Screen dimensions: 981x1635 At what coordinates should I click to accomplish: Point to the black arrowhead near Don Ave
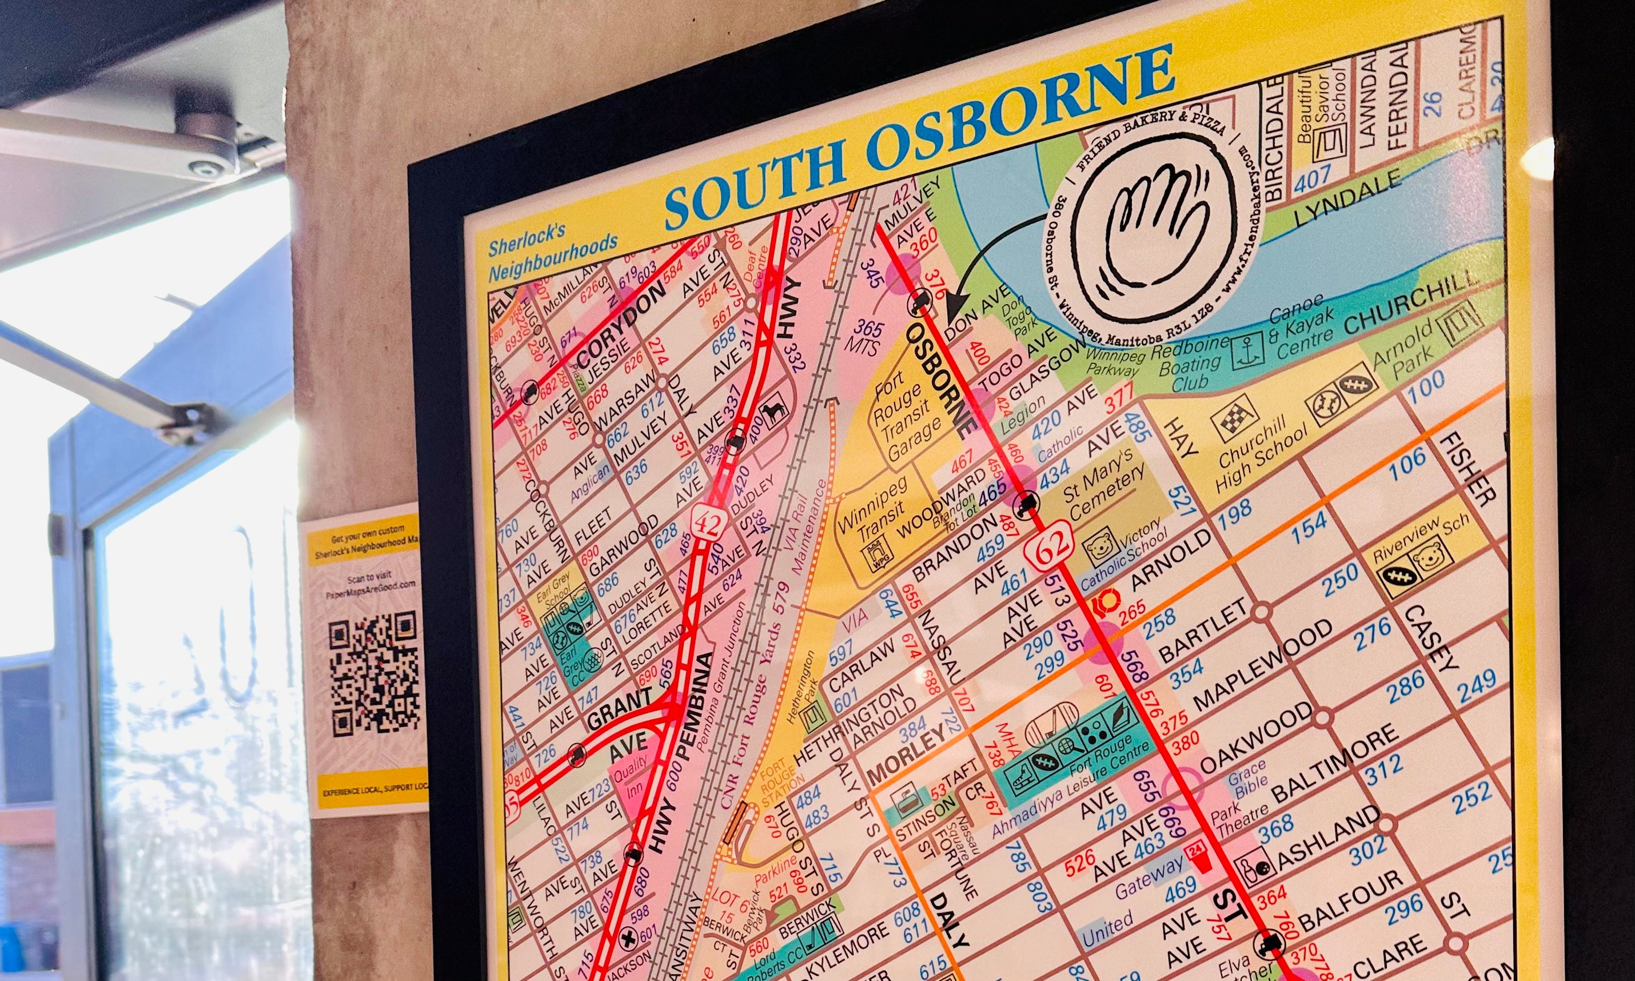point(952,307)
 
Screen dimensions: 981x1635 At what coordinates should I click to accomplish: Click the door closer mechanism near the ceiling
point(198,142)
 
